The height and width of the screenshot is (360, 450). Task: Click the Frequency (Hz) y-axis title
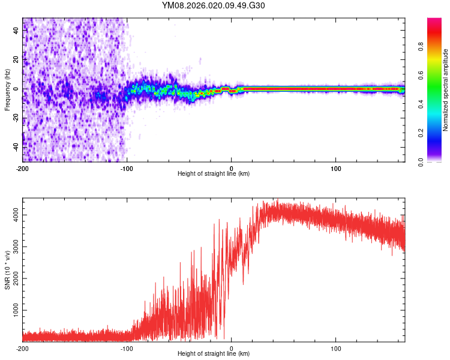click(7, 89)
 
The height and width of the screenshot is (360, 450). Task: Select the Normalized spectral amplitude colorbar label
click(445, 90)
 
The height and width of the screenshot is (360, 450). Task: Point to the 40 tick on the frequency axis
click(16, 32)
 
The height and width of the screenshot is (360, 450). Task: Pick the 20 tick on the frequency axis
click(16, 61)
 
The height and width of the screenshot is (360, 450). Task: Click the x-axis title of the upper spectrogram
click(214, 174)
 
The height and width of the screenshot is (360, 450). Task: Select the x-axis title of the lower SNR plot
click(214, 354)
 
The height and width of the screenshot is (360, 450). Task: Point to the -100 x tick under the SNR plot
click(127, 349)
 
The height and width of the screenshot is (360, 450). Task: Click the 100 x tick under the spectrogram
click(336, 169)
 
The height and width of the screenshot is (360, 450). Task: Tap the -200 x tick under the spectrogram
click(22, 169)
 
